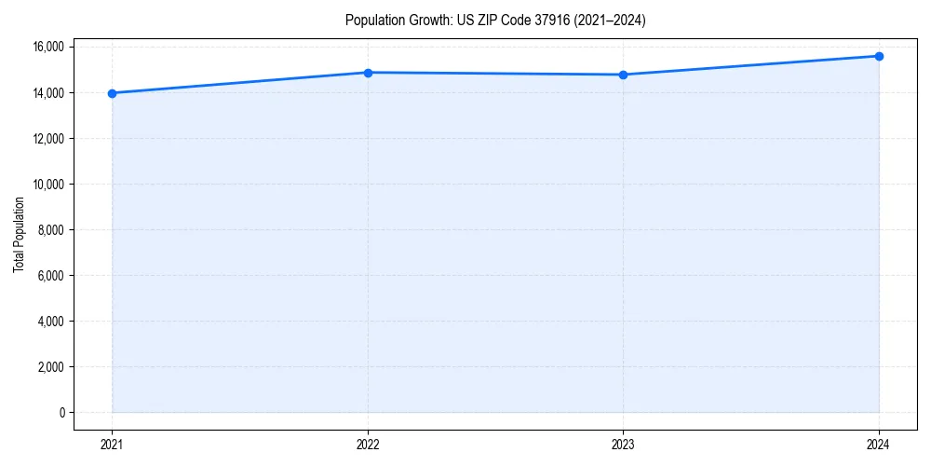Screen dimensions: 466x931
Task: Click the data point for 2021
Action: tap(112, 93)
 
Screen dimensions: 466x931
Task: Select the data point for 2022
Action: tap(368, 73)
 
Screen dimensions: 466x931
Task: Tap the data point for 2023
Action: tap(623, 75)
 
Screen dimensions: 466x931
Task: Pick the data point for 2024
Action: tap(879, 56)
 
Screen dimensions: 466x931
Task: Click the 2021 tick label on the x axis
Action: tap(112, 444)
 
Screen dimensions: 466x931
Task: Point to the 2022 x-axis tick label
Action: tap(368, 444)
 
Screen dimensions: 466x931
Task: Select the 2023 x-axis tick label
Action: tap(623, 444)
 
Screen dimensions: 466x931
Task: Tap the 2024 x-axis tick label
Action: tap(879, 444)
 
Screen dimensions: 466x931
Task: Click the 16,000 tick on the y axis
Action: tap(48, 47)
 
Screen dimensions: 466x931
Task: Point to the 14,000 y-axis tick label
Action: tap(48, 93)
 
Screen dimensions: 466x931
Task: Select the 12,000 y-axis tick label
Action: tap(48, 139)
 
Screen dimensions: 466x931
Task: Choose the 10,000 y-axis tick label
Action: tap(48, 185)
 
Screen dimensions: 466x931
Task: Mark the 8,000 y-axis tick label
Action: tap(51, 230)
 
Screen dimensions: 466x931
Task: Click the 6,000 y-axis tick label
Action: tap(51, 276)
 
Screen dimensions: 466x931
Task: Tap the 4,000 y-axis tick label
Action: tap(51, 322)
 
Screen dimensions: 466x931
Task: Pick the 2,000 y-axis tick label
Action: tap(51, 367)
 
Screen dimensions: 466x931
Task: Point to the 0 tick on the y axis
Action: tap(62, 413)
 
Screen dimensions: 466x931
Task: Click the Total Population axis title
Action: tap(19, 234)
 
